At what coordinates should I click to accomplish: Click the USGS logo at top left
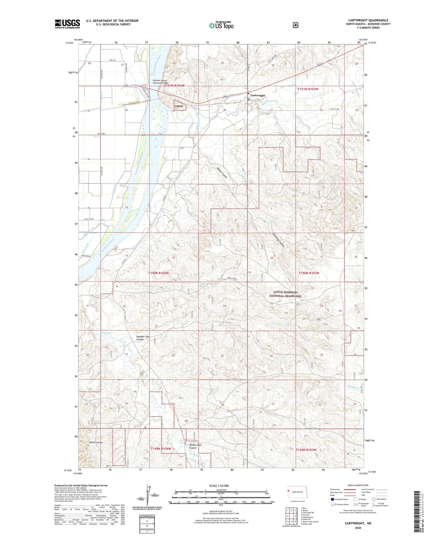point(67,24)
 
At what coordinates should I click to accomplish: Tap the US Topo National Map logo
point(221,25)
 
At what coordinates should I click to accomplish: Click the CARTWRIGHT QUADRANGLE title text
point(368,20)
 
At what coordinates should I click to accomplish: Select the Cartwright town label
point(257,95)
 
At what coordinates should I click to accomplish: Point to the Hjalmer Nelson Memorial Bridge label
point(161,81)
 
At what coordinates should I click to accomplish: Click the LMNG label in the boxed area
point(179,106)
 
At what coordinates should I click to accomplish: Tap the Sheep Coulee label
point(222,173)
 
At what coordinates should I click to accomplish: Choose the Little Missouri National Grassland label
point(285,294)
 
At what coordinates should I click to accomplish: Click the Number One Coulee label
point(143,338)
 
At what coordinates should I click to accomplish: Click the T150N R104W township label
point(159,273)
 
